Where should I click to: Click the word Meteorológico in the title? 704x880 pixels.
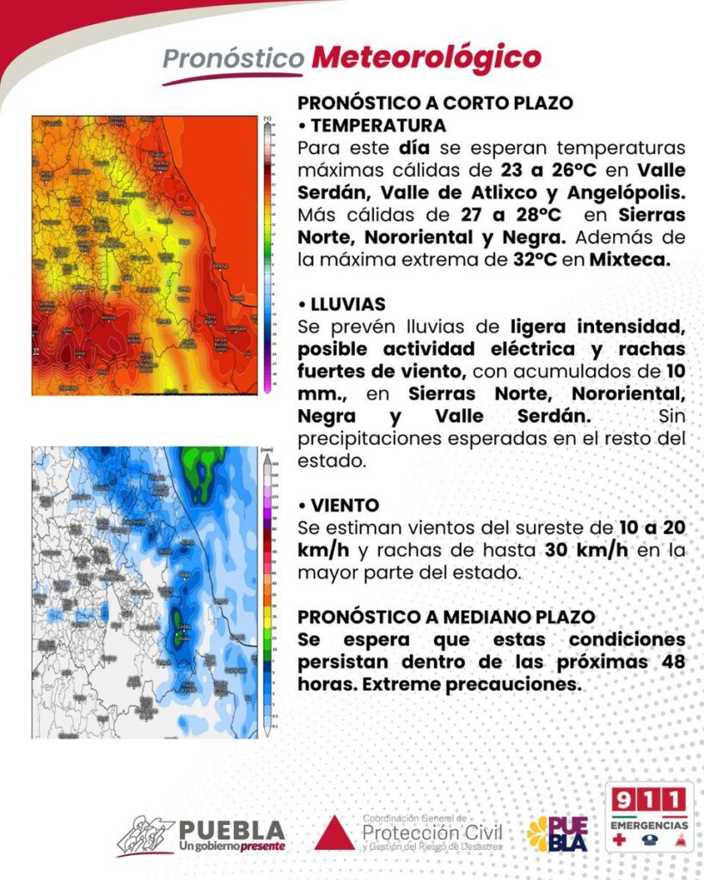426,58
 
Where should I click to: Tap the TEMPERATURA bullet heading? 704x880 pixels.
377,125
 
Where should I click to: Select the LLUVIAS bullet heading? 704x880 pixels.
346,305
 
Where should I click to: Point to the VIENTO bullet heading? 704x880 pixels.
343,505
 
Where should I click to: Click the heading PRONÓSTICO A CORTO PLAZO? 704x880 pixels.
435,103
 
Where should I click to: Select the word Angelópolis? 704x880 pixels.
622,191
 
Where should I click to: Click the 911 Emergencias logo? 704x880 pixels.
649,816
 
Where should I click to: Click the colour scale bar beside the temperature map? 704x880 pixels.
267,254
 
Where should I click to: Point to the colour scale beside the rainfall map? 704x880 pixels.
267,591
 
